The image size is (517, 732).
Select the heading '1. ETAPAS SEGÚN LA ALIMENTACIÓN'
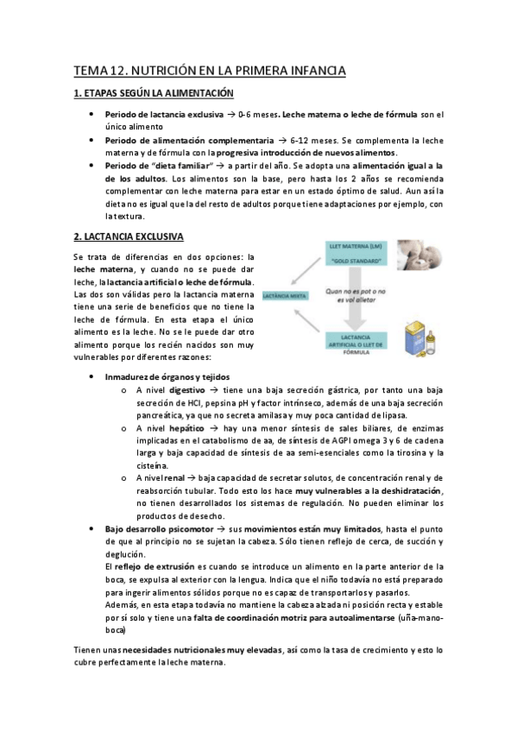tap(154, 93)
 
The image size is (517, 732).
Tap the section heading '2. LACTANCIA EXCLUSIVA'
tap(128, 236)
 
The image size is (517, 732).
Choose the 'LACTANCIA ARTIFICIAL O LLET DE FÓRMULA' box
tap(351, 343)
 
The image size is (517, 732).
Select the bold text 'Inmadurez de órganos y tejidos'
tap(167, 377)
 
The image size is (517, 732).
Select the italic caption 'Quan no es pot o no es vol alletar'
tap(351, 298)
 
